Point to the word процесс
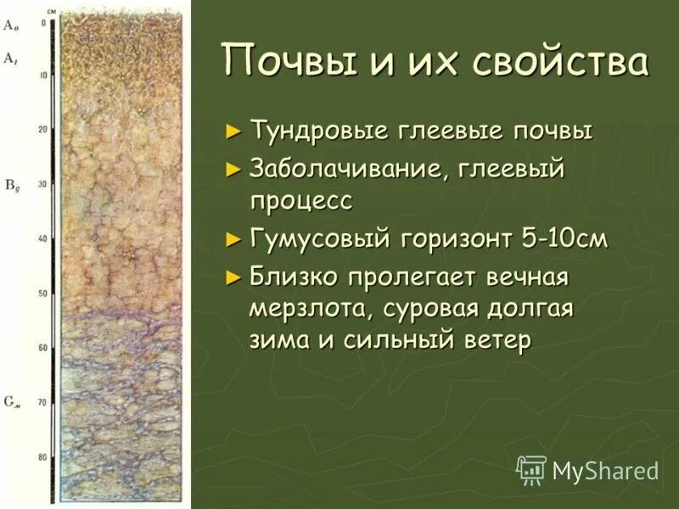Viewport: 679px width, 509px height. [x=300, y=202]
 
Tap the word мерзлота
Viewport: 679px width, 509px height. [x=305, y=308]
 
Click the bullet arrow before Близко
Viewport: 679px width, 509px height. [x=234, y=276]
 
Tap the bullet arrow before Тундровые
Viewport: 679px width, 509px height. [x=234, y=132]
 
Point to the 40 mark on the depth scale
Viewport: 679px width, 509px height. [x=42, y=239]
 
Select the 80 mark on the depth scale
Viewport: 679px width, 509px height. [x=42, y=456]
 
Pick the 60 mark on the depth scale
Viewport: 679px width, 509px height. [x=42, y=348]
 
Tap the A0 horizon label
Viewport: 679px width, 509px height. [x=10, y=26]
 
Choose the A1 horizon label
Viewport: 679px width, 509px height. [x=10, y=58]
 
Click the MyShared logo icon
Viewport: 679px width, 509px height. [x=532, y=469]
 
